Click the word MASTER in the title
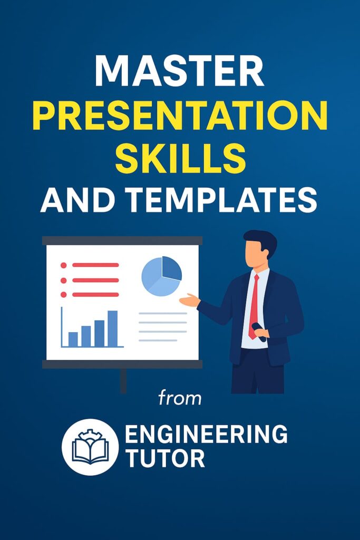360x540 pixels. (x=180, y=71)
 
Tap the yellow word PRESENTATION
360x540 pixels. (x=180, y=115)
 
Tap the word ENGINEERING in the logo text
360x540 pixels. (x=206, y=434)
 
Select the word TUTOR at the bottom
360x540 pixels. (x=165, y=458)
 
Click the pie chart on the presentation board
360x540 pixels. (x=161, y=276)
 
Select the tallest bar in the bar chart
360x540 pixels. (x=113, y=329)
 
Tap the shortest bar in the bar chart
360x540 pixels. (x=73, y=339)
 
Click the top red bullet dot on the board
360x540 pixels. (x=64, y=265)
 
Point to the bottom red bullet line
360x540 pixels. (x=95, y=294)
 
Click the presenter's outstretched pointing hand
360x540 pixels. (x=190, y=300)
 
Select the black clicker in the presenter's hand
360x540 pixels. (x=259, y=332)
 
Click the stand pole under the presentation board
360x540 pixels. (x=123, y=381)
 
